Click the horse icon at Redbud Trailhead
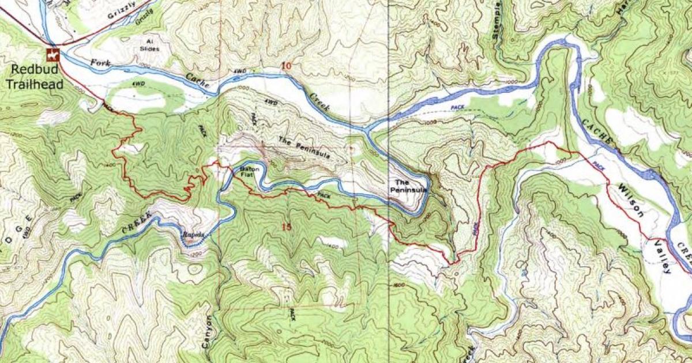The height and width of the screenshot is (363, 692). pyautogui.click(x=52, y=56)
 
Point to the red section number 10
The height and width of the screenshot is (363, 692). pyautogui.click(x=286, y=66)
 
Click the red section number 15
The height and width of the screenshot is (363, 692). pyautogui.click(x=286, y=226)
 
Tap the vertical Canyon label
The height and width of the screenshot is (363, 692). pyautogui.click(x=208, y=335)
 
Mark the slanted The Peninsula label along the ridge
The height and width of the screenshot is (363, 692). pyautogui.click(x=304, y=148)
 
